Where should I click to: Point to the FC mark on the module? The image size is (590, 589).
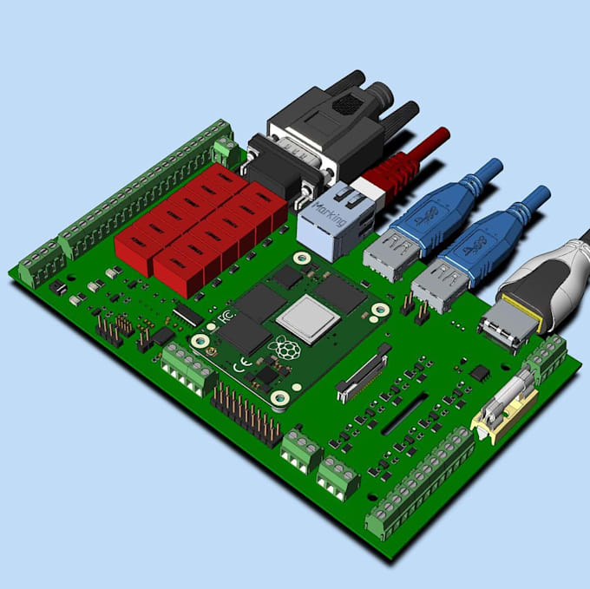tap(226, 317)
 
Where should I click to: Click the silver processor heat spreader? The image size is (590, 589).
tap(307, 318)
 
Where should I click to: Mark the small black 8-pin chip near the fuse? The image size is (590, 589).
tap(479, 372)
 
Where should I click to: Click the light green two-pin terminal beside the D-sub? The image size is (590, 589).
tap(226, 152)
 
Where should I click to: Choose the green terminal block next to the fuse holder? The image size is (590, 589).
tap(546, 358)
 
